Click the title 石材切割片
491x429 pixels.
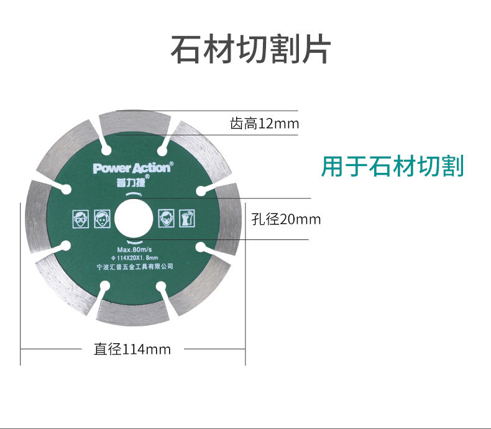tap(250, 50)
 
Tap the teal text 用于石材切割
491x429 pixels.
tap(392, 166)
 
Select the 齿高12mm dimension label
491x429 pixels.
tap(264, 124)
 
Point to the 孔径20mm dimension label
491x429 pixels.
tap(287, 219)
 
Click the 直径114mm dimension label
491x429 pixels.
tap(132, 349)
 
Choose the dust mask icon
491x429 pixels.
tap(166, 219)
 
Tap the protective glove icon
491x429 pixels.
tap(188, 219)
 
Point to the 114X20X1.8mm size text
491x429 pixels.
tap(134, 258)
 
